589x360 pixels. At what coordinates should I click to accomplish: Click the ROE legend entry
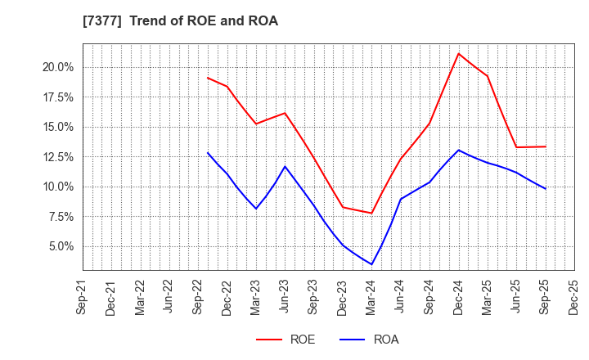pyautogui.click(x=286, y=340)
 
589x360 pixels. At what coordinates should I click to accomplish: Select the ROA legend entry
pyautogui.click(x=367, y=340)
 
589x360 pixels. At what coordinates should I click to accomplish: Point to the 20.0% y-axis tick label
pyautogui.click(x=57, y=67)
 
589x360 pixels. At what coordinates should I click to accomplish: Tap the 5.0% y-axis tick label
pyautogui.click(x=60, y=246)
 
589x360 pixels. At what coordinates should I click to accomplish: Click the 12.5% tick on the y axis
pyautogui.click(x=57, y=157)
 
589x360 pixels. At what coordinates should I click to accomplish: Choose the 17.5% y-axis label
pyautogui.click(x=57, y=97)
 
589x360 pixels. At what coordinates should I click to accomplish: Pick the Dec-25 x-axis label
pyautogui.click(x=574, y=296)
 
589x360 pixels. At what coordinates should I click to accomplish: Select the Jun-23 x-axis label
pyautogui.click(x=286, y=296)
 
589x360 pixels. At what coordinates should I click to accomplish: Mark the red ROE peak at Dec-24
pyautogui.click(x=459, y=54)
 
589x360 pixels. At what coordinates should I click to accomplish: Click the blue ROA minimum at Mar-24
pyautogui.click(x=372, y=264)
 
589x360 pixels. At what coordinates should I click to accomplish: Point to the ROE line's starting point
pyautogui.click(x=208, y=78)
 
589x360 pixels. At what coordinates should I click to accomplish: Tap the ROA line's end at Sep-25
pyautogui.click(x=546, y=189)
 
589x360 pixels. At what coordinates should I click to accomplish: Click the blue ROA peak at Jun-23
pyautogui.click(x=286, y=167)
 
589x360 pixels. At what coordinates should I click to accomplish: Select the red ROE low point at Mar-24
pyautogui.click(x=372, y=214)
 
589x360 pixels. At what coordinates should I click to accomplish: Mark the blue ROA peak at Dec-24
pyautogui.click(x=459, y=150)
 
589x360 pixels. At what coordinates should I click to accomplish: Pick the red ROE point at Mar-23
pyautogui.click(x=257, y=124)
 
